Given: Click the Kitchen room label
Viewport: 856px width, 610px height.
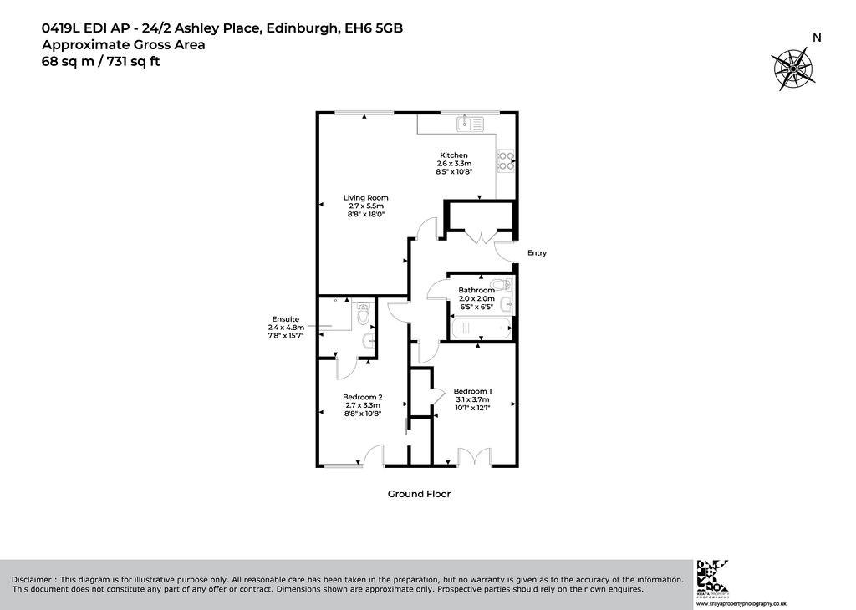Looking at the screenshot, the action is point(454,155).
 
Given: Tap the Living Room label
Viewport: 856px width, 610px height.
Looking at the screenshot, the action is point(366,198).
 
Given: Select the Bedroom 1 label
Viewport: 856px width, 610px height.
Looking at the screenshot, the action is point(473,391).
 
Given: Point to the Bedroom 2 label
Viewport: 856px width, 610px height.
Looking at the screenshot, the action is point(363,397).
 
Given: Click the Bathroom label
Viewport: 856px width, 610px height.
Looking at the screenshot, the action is point(476,290).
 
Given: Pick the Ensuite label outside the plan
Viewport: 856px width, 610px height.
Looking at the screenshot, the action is point(286,319).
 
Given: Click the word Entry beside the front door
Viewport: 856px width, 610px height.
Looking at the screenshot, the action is point(537,253).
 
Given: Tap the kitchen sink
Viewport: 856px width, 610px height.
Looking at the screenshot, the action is point(470,124).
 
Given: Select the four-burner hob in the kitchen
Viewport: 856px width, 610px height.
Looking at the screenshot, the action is point(506,160).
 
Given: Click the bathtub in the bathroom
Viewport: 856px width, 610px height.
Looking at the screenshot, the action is point(481,328).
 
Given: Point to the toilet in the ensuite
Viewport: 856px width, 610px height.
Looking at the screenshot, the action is point(363,314).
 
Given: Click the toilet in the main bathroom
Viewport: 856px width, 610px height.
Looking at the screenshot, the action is point(501,284).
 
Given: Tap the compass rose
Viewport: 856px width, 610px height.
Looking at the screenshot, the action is point(792,69).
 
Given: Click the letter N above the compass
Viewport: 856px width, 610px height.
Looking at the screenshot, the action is point(817,38).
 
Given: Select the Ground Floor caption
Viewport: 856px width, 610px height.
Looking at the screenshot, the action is point(419,494).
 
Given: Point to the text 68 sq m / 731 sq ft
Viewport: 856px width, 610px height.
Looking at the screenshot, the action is point(101,61).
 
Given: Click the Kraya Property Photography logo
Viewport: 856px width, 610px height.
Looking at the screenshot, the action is point(712,577).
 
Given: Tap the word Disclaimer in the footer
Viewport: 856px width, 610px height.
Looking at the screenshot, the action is point(32,579).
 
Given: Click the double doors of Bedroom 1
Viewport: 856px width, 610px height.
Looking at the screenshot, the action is point(475,457).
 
